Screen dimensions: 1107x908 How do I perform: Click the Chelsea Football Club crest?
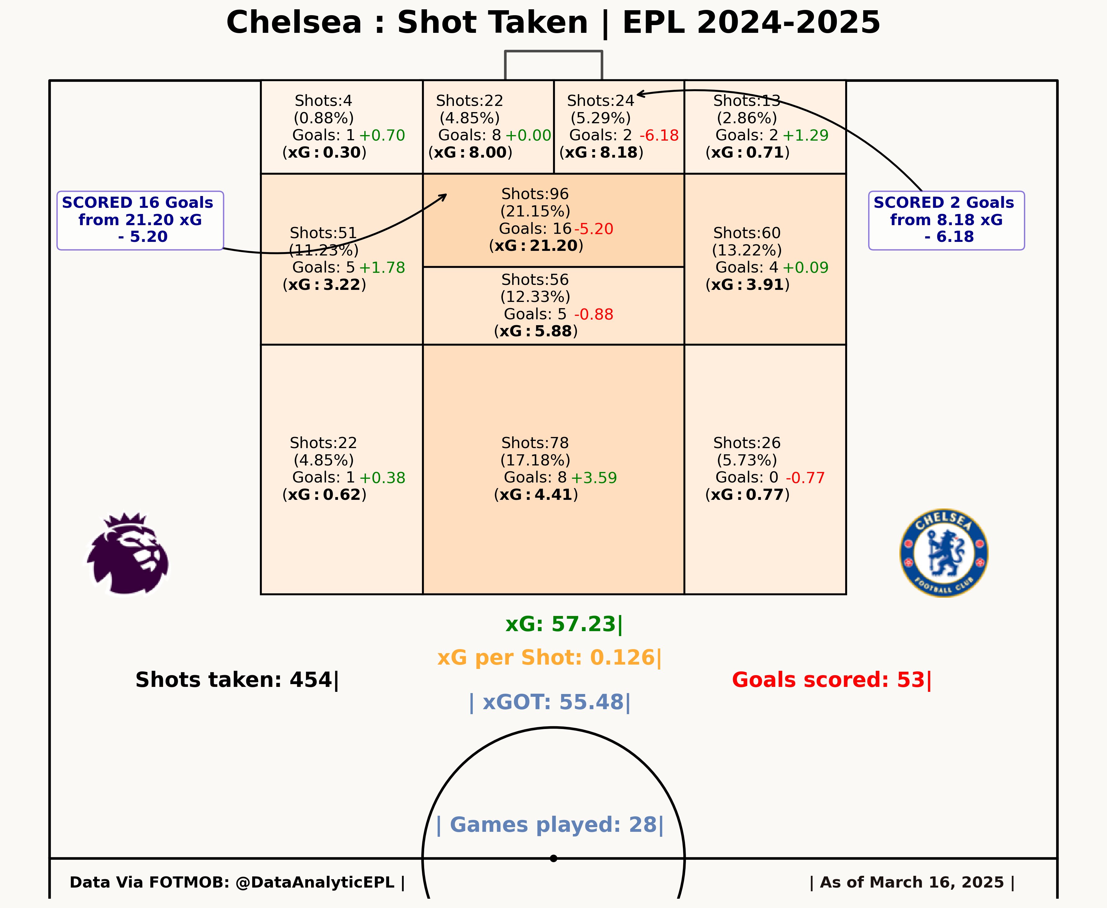coord(944,553)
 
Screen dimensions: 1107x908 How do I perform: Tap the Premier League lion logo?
coord(128,553)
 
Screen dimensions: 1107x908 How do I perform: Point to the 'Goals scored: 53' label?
coord(832,680)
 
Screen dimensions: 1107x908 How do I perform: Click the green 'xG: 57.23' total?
coord(564,624)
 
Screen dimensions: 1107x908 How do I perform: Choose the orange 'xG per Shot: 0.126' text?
coord(549,657)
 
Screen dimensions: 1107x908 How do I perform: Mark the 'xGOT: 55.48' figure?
coord(550,702)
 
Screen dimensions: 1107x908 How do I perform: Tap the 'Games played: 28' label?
coord(550,825)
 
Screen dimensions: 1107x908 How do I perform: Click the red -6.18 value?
coord(659,135)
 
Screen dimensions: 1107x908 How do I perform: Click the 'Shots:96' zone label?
coord(535,194)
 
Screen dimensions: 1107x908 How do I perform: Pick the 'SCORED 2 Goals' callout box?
coord(947,221)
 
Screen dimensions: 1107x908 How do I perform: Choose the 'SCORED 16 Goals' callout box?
coord(140,221)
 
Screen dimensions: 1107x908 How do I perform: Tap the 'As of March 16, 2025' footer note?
coord(912,882)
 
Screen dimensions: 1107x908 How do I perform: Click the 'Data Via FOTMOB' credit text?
coord(237,882)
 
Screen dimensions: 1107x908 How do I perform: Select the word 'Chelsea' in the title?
coord(294,23)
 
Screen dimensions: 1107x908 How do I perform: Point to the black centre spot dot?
coord(553,858)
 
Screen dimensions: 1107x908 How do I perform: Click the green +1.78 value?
coord(382,268)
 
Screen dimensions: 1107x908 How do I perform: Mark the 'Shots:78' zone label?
coord(535,443)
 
